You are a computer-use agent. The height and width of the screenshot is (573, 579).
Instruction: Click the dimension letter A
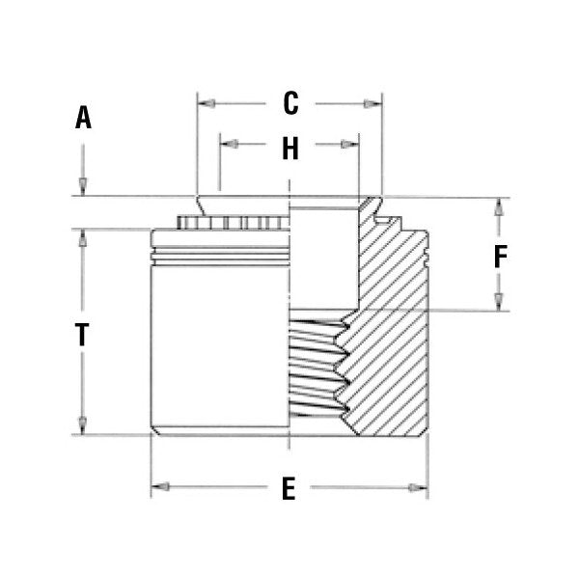[x=84, y=119]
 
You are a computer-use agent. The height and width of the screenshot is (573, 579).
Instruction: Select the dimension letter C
[x=289, y=101]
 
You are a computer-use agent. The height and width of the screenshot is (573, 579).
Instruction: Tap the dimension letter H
[x=289, y=149]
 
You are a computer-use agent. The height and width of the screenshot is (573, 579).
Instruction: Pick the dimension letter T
[x=83, y=335]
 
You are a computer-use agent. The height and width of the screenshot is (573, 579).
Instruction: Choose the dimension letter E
[x=288, y=489]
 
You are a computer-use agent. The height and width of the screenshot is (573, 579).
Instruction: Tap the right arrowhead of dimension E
[x=422, y=488]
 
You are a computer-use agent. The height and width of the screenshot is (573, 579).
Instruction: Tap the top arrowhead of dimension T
[x=83, y=237]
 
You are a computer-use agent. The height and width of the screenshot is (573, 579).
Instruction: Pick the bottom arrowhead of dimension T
[x=83, y=426]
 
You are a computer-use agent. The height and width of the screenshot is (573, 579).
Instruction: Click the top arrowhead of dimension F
[x=499, y=205]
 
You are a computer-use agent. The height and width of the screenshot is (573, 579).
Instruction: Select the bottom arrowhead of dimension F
[x=499, y=303]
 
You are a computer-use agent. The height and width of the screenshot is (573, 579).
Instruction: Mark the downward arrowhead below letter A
[x=84, y=188]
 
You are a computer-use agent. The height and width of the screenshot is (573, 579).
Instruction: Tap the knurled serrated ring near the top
[x=232, y=223]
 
